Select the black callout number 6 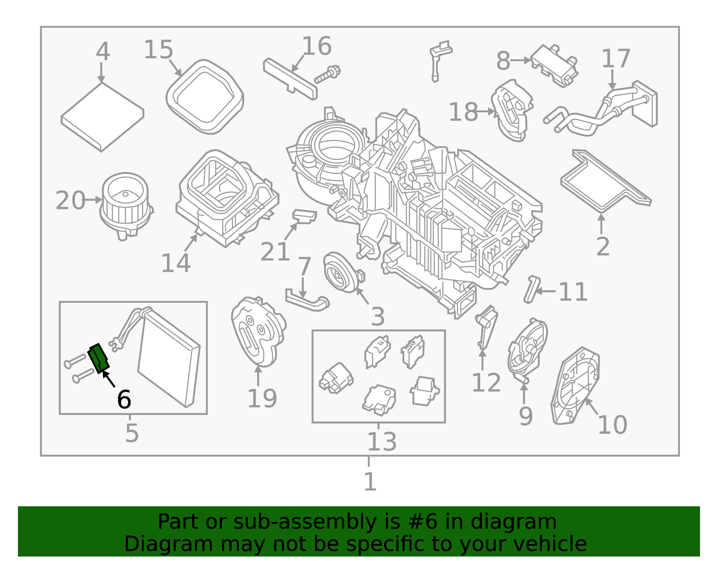pyautogui.click(x=124, y=399)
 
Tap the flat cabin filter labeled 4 pyautogui.click(x=102, y=117)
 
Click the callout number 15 pyautogui.click(x=158, y=49)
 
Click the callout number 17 pyautogui.click(x=616, y=59)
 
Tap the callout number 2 pyautogui.click(x=603, y=246)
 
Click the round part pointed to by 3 pyautogui.click(x=341, y=272)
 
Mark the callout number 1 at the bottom pyautogui.click(x=370, y=482)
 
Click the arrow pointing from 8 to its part pyautogui.click(x=521, y=60)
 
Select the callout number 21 pyautogui.click(x=275, y=252)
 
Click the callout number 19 pyautogui.click(x=262, y=398)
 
